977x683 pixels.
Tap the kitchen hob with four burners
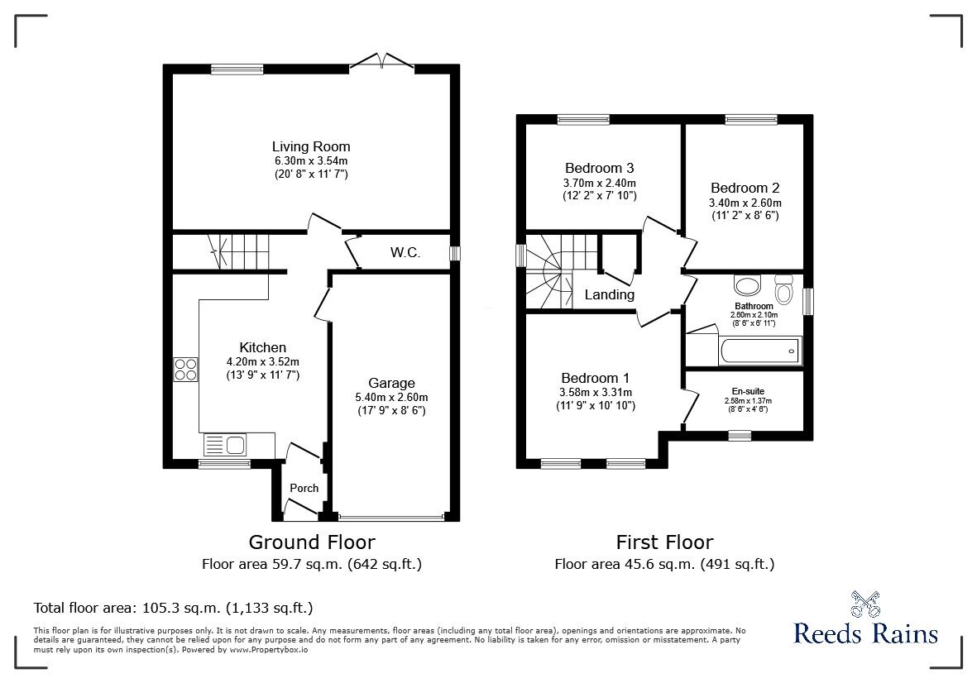[184, 369]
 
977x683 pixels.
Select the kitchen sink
[224, 446]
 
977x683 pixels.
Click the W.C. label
[405, 252]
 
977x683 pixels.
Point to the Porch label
[304, 488]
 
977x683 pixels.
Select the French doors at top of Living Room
[380, 63]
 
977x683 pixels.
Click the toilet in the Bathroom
[783, 291]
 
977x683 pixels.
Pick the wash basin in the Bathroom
[748, 286]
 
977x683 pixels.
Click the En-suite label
[748, 391]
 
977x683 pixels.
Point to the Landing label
[609, 294]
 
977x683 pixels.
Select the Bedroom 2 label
[745, 188]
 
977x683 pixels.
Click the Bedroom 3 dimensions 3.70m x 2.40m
[600, 183]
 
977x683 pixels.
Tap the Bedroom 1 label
[596, 377]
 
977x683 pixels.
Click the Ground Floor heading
[312, 542]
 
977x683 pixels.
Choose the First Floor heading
[664, 542]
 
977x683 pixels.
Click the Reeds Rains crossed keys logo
[865, 606]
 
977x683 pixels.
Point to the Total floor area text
[173, 608]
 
